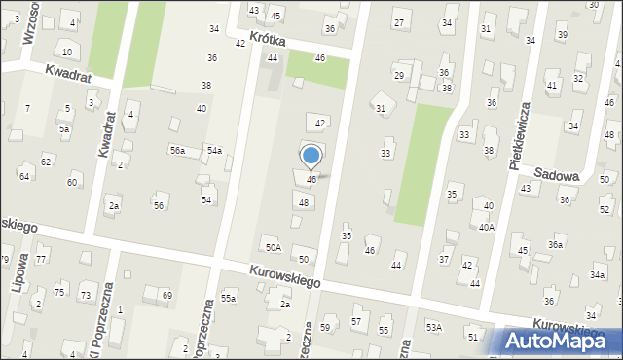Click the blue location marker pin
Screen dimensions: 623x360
click(311, 157)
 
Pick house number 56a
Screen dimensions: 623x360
click(177, 150)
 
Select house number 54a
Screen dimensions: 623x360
click(213, 150)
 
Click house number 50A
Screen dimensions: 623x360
click(274, 248)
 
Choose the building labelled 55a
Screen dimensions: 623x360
click(228, 298)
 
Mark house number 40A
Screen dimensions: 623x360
click(486, 227)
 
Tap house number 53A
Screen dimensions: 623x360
click(433, 327)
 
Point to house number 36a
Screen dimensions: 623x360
click(554, 245)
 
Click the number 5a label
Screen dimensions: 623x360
click(64, 128)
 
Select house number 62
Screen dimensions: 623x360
click(46, 162)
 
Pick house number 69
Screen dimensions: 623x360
click(166, 295)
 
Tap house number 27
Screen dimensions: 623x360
click(398, 22)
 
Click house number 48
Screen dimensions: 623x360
click(305, 202)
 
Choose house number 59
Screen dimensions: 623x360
click(325, 328)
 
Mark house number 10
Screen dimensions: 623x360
click(66, 52)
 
